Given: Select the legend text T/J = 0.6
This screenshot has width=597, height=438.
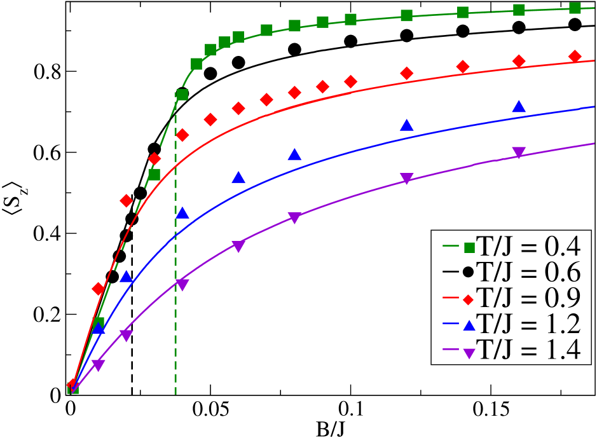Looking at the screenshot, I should coord(529,272).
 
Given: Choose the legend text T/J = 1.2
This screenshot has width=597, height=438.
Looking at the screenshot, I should coord(529,324).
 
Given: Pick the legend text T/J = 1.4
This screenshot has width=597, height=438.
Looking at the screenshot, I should coord(529,350).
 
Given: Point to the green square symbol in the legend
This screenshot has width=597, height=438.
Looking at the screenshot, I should coord(469,247).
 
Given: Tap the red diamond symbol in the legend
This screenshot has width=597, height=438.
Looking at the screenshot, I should coord(469,299).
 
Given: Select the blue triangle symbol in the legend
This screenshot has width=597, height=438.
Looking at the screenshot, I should coord(469,325).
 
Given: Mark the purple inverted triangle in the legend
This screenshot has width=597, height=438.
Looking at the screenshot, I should coord(469,352).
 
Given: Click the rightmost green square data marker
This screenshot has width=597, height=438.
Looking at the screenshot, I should coord(575,8).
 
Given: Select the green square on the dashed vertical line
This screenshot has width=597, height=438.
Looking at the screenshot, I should coord(182,95).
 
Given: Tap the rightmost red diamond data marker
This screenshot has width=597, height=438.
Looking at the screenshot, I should coord(575,57).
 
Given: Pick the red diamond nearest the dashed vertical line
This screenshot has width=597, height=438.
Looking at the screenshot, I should coord(182,135).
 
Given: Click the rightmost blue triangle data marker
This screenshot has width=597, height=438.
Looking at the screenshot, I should coord(519,107).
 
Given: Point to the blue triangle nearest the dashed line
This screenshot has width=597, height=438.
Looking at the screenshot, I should coord(182,212).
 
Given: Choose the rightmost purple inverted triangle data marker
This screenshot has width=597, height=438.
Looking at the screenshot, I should coord(519,153).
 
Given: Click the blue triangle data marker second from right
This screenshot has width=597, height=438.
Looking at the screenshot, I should coord(407,125).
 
